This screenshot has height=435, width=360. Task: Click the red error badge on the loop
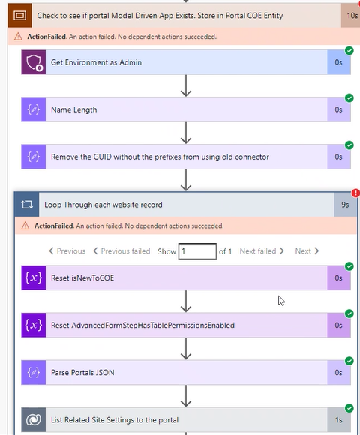355,193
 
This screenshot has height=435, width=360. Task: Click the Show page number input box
197,250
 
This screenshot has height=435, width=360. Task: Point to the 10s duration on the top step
351,14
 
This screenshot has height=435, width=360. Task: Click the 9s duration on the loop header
344,204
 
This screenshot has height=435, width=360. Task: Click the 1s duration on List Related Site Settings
338,419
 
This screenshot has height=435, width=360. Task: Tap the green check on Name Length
349,98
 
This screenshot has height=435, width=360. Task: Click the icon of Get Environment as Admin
33,62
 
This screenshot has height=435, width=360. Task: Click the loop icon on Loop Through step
27,204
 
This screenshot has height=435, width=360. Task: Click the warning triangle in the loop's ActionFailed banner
26,226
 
